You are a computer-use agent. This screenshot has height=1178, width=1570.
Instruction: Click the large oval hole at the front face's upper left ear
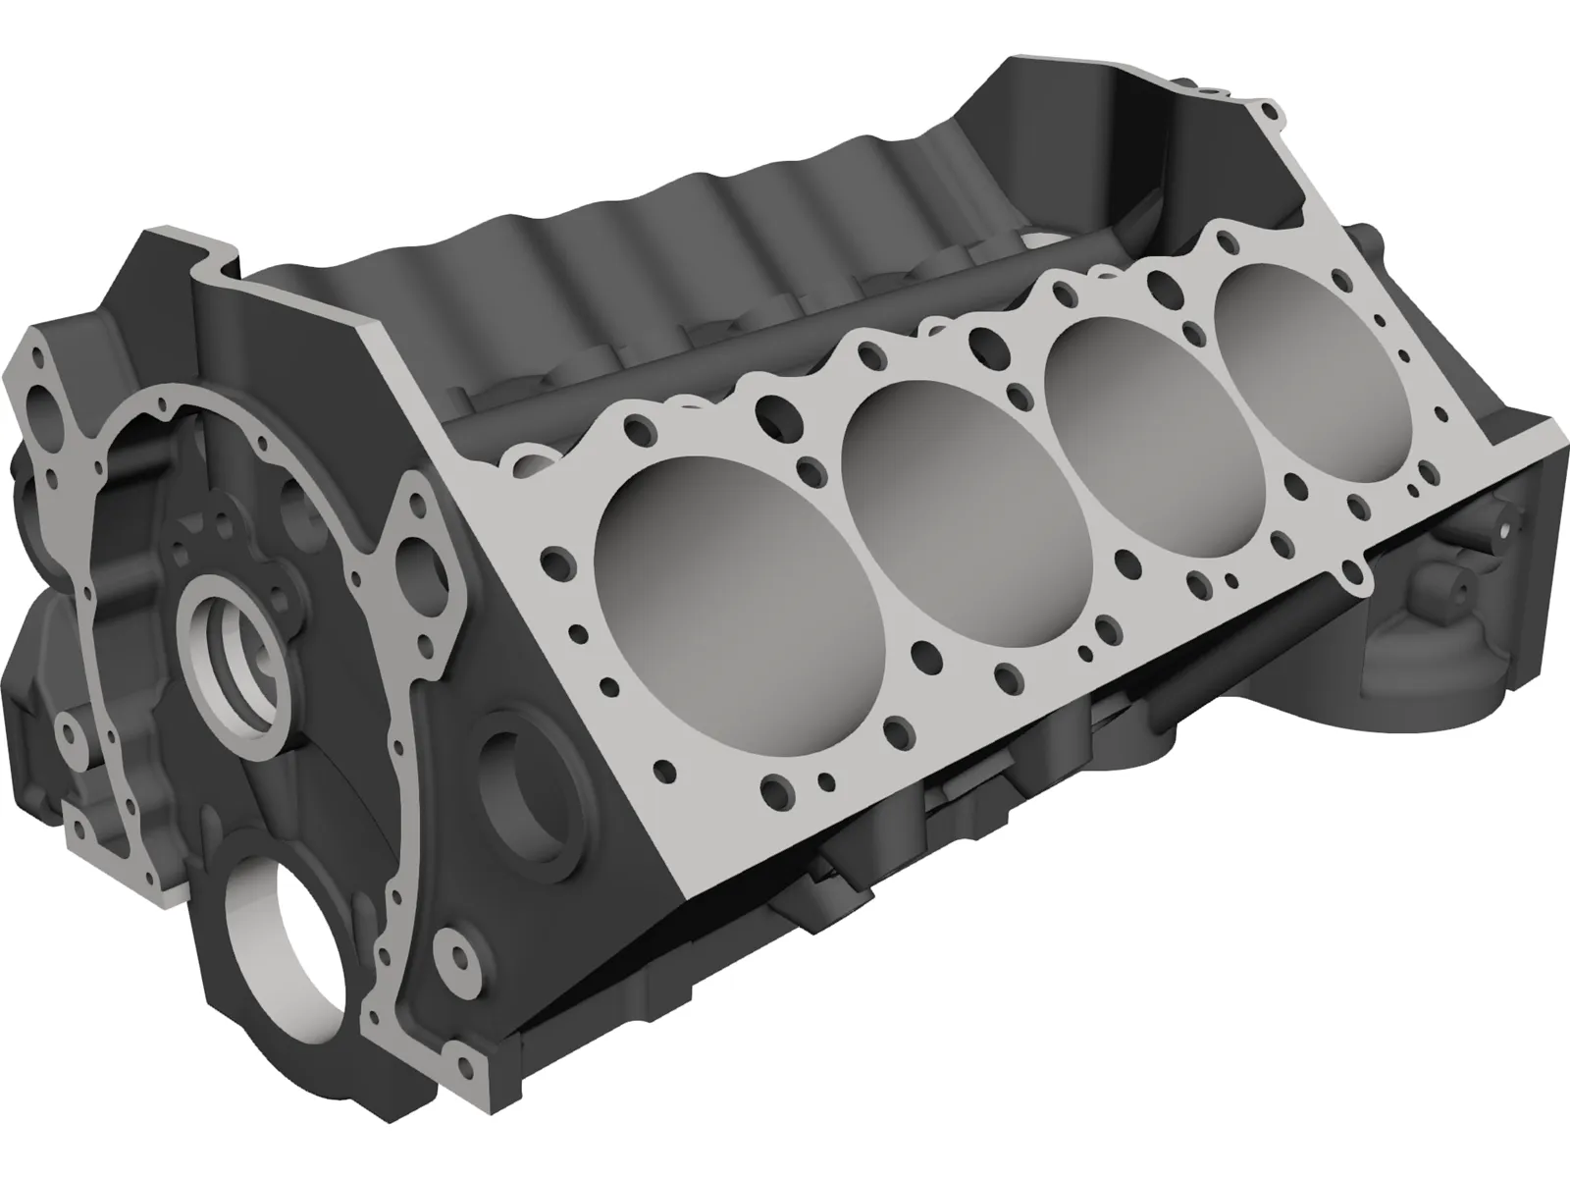pyautogui.click(x=44, y=402)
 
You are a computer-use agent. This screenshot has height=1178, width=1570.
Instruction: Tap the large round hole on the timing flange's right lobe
pyautogui.click(x=407, y=564)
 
